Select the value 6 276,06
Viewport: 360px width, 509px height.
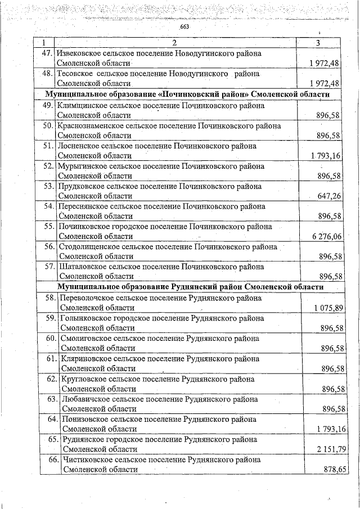click(x=327, y=237)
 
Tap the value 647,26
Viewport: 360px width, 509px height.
click(x=329, y=196)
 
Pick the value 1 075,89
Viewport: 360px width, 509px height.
click(x=326, y=308)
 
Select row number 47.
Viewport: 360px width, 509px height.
click(x=47, y=53)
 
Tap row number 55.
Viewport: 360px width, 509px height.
click(x=48, y=227)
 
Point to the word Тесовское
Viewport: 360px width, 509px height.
click(x=75, y=74)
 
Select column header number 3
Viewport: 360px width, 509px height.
click(x=318, y=43)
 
